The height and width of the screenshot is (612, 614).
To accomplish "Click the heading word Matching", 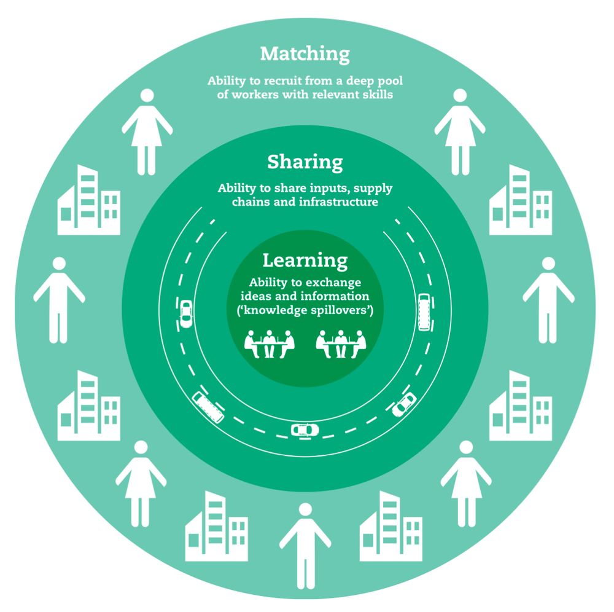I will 305,54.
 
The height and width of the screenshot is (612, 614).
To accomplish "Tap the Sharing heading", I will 305,162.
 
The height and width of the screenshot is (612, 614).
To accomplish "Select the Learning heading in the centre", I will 305,260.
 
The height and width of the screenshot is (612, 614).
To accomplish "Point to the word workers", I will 251,96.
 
